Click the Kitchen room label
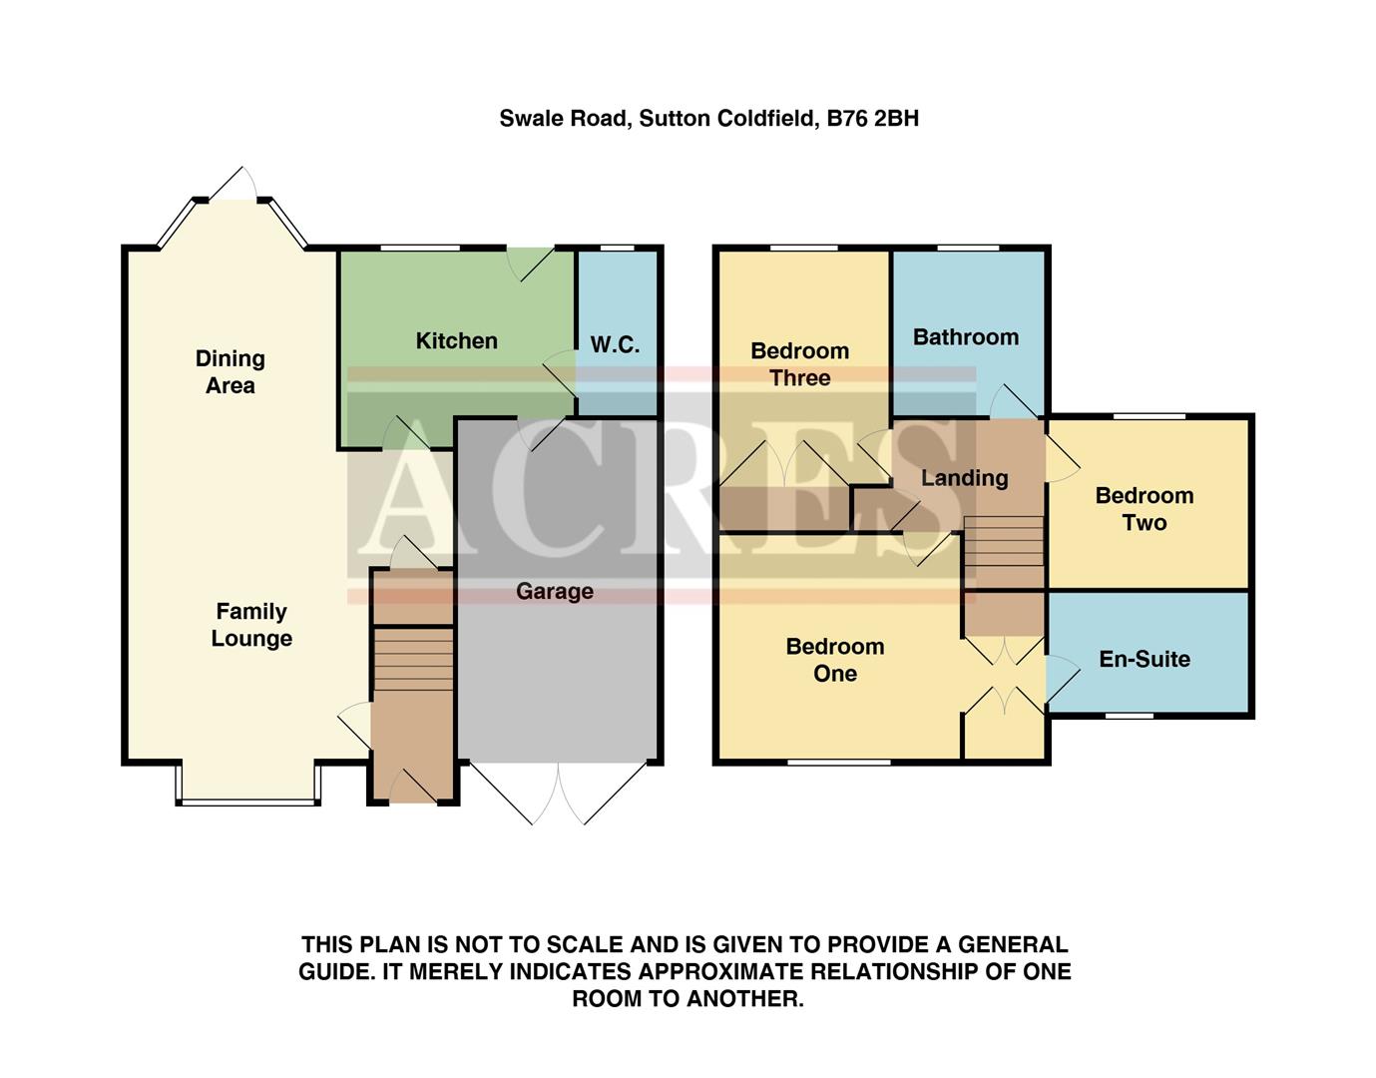pyautogui.click(x=456, y=341)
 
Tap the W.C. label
pyautogui.click(x=615, y=345)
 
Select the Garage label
pyautogui.click(x=555, y=592)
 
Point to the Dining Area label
pyautogui.click(x=230, y=372)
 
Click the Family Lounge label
pyautogui.click(x=251, y=625)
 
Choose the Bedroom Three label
pyautogui.click(x=799, y=364)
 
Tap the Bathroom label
pyautogui.click(x=965, y=337)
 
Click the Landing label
pyautogui.click(x=964, y=478)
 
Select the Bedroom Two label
pyautogui.click(x=1144, y=509)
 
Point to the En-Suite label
pyautogui.click(x=1144, y=659)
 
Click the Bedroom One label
pyautogui.click(x=834, y=660)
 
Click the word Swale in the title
pyautogui.click(x=531, y=119)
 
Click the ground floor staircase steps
pyautogui.click(x=413, y=658)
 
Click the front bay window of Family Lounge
pyautogui.click(x=247, y=801)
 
